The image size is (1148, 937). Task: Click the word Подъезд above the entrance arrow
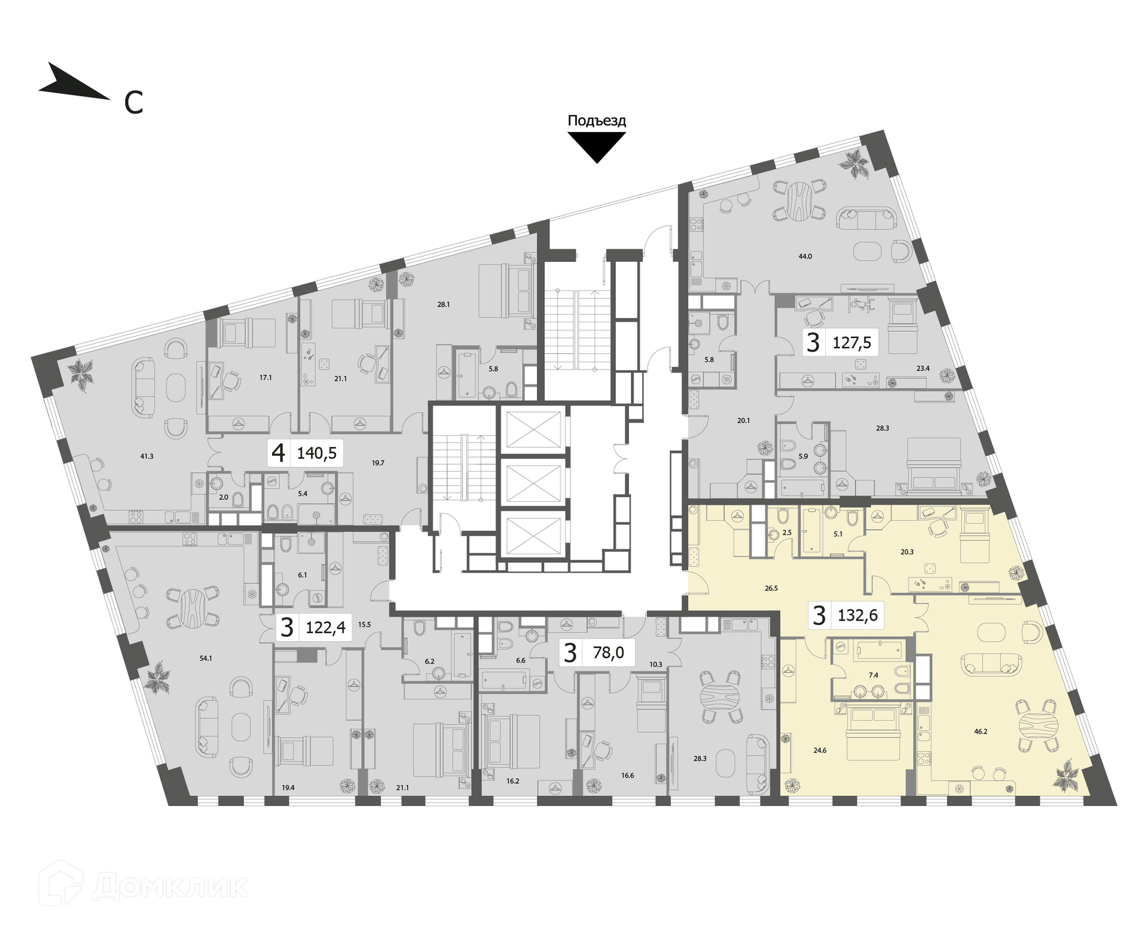point(596,121)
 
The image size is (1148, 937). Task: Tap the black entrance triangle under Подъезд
point(596,144)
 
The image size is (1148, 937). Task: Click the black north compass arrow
point(72,84)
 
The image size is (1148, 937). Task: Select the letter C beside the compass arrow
point(133,103)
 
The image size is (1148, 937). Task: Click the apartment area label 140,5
point(316,453)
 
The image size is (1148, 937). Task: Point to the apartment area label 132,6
point(857,615)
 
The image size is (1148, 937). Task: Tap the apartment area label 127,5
point(851,343)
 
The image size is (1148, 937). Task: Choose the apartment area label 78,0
point(608,652)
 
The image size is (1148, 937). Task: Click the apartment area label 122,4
point(325,627)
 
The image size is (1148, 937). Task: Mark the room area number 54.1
point(206,658)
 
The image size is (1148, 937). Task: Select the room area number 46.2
point(981,747)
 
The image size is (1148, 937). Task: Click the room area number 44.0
point(805,256)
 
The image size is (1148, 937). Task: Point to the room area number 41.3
point(146,456)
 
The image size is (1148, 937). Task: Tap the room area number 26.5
point(771,588)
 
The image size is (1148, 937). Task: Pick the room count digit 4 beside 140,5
point(278,453)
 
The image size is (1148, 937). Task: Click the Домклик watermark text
point(170,887)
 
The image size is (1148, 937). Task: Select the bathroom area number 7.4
point(873,675)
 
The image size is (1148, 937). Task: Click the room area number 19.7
point(378,463)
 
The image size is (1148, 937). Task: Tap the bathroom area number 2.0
point(223,497)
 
